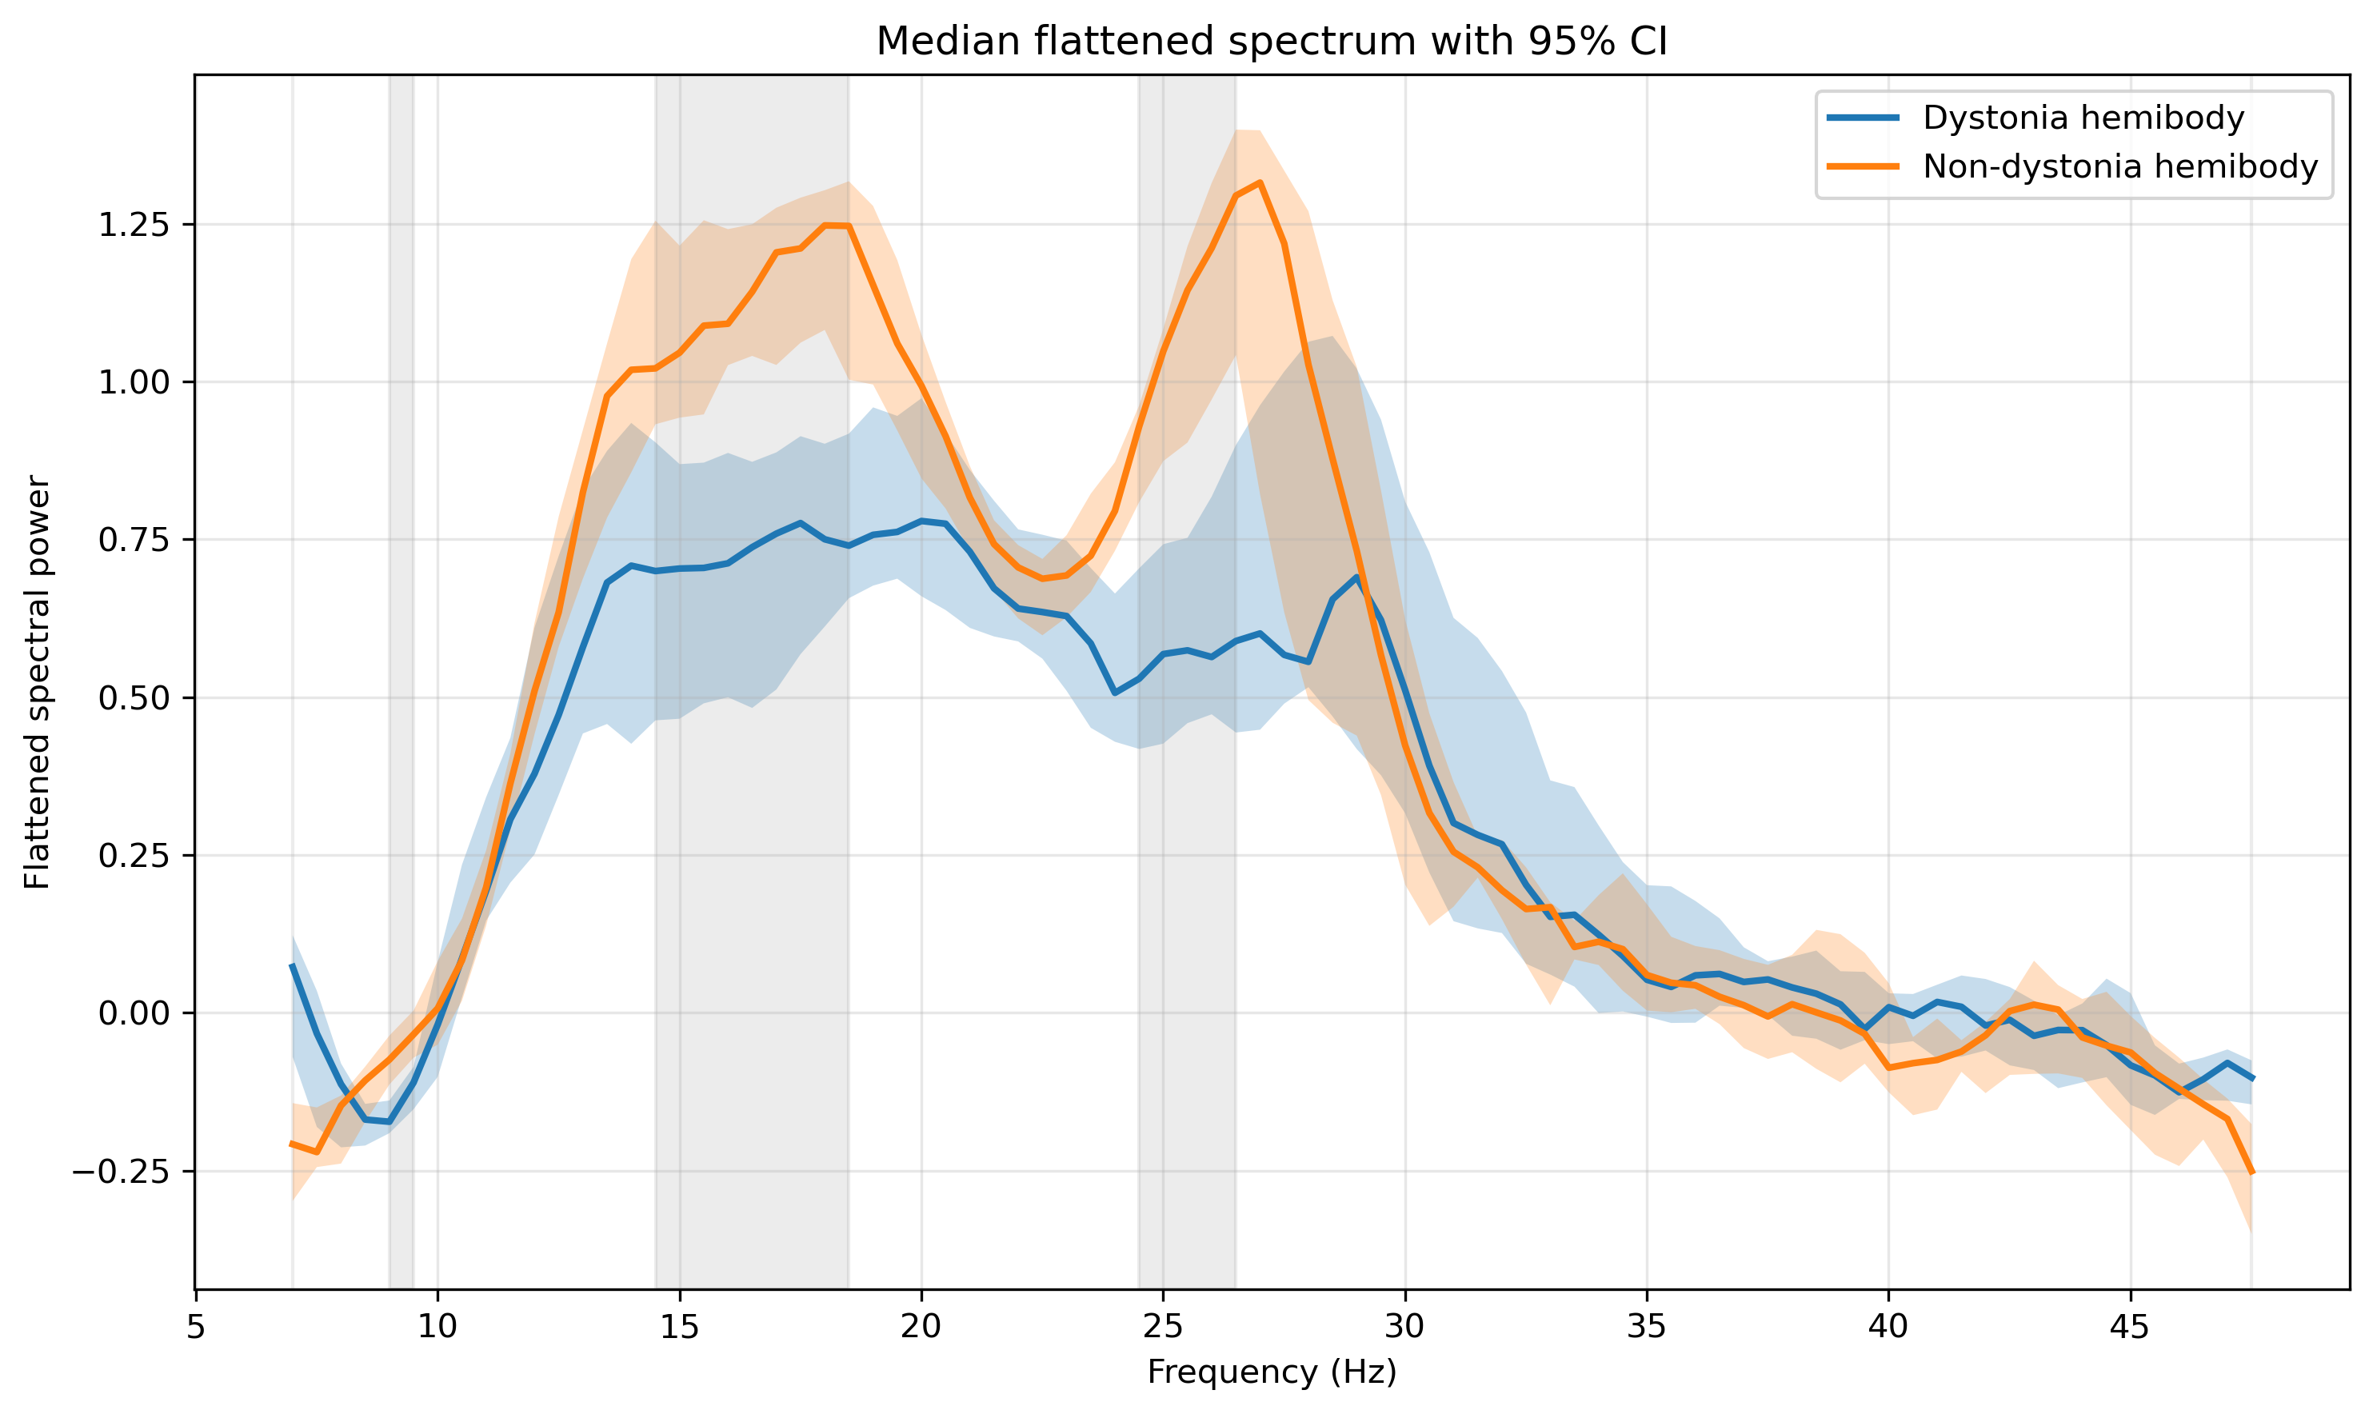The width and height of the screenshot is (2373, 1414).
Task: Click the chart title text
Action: (1272, 41)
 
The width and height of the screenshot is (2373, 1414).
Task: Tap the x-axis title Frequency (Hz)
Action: (1272, 1372)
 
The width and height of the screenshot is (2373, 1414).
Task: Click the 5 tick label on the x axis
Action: (196, 1328)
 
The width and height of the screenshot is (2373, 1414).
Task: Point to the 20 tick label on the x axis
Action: (921, 1328)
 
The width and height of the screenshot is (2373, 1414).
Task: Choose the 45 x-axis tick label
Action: (2131, 1328)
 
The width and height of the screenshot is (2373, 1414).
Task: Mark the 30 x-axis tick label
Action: (1405, 1328)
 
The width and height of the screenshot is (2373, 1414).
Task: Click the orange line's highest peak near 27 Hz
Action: (1260, 182)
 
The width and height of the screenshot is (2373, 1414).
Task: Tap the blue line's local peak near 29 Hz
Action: (1356, 577)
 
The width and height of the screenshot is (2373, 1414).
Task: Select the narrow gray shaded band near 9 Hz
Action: (401, 681)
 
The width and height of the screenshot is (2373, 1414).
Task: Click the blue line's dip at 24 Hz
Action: (1115, 693)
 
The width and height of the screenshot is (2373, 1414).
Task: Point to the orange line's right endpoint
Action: (2252, 1173)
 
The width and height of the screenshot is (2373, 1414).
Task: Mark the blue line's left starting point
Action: (293, 965)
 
